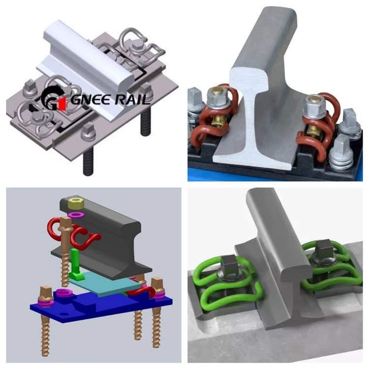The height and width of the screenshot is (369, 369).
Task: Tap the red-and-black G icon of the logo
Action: [x=55, y=100]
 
